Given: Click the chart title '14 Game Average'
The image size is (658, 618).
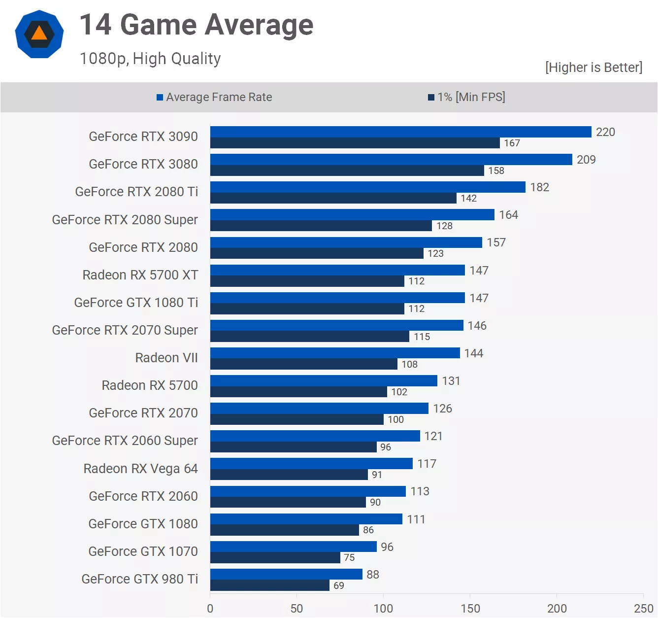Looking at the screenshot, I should coord(196,25).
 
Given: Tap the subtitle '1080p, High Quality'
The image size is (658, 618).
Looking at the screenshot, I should coord(150,59).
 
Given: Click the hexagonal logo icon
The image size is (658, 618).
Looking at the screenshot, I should coord(39,34).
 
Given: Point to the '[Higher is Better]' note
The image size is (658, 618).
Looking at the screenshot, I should coord(593,68).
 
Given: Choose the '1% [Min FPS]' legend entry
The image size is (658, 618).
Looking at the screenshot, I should coord(467,97).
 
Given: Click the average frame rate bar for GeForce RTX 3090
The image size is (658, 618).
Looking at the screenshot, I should coord(400,132).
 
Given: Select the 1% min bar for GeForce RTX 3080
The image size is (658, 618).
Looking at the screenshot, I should coord(347,171).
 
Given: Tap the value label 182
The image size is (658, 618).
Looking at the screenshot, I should coord(540,187).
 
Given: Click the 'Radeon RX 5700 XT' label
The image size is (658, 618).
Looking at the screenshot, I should coord(140,275).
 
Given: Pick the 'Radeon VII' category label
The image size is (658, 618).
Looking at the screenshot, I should coord(166,358).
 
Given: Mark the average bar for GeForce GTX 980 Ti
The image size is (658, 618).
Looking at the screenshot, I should coord(286,574).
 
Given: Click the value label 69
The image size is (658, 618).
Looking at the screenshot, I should coord(339,585).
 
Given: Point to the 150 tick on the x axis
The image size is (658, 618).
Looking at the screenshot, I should coord(470,609).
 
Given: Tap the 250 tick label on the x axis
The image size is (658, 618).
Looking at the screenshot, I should coord(644,609).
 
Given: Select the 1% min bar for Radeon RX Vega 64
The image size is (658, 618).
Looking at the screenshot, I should coord(289,475).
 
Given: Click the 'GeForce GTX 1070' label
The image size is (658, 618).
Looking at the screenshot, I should coord(143,551).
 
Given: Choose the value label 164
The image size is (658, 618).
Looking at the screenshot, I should coord(509,215).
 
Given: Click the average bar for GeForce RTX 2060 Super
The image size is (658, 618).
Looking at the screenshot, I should coord(315,436).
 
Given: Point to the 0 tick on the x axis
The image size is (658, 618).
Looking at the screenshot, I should coord(210,609).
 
